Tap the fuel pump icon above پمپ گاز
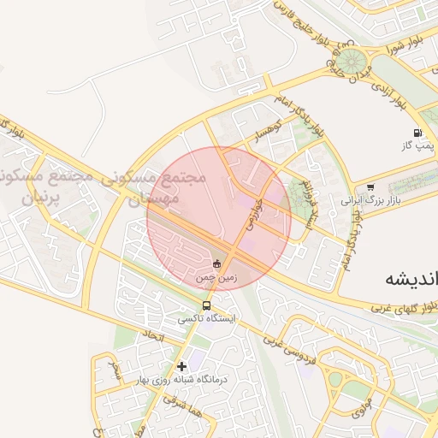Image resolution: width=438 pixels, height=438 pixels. [417, 133]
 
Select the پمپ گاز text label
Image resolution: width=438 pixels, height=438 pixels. [418, 146]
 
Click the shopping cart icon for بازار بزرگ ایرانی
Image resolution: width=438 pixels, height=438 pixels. [370, 186]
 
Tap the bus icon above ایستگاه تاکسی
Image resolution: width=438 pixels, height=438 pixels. [206, 305]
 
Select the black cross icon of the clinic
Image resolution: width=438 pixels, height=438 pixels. [181, 366]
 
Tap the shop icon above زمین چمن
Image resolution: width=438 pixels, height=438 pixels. [217, 263]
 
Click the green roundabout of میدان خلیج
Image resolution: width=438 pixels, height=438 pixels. [349, 62]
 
